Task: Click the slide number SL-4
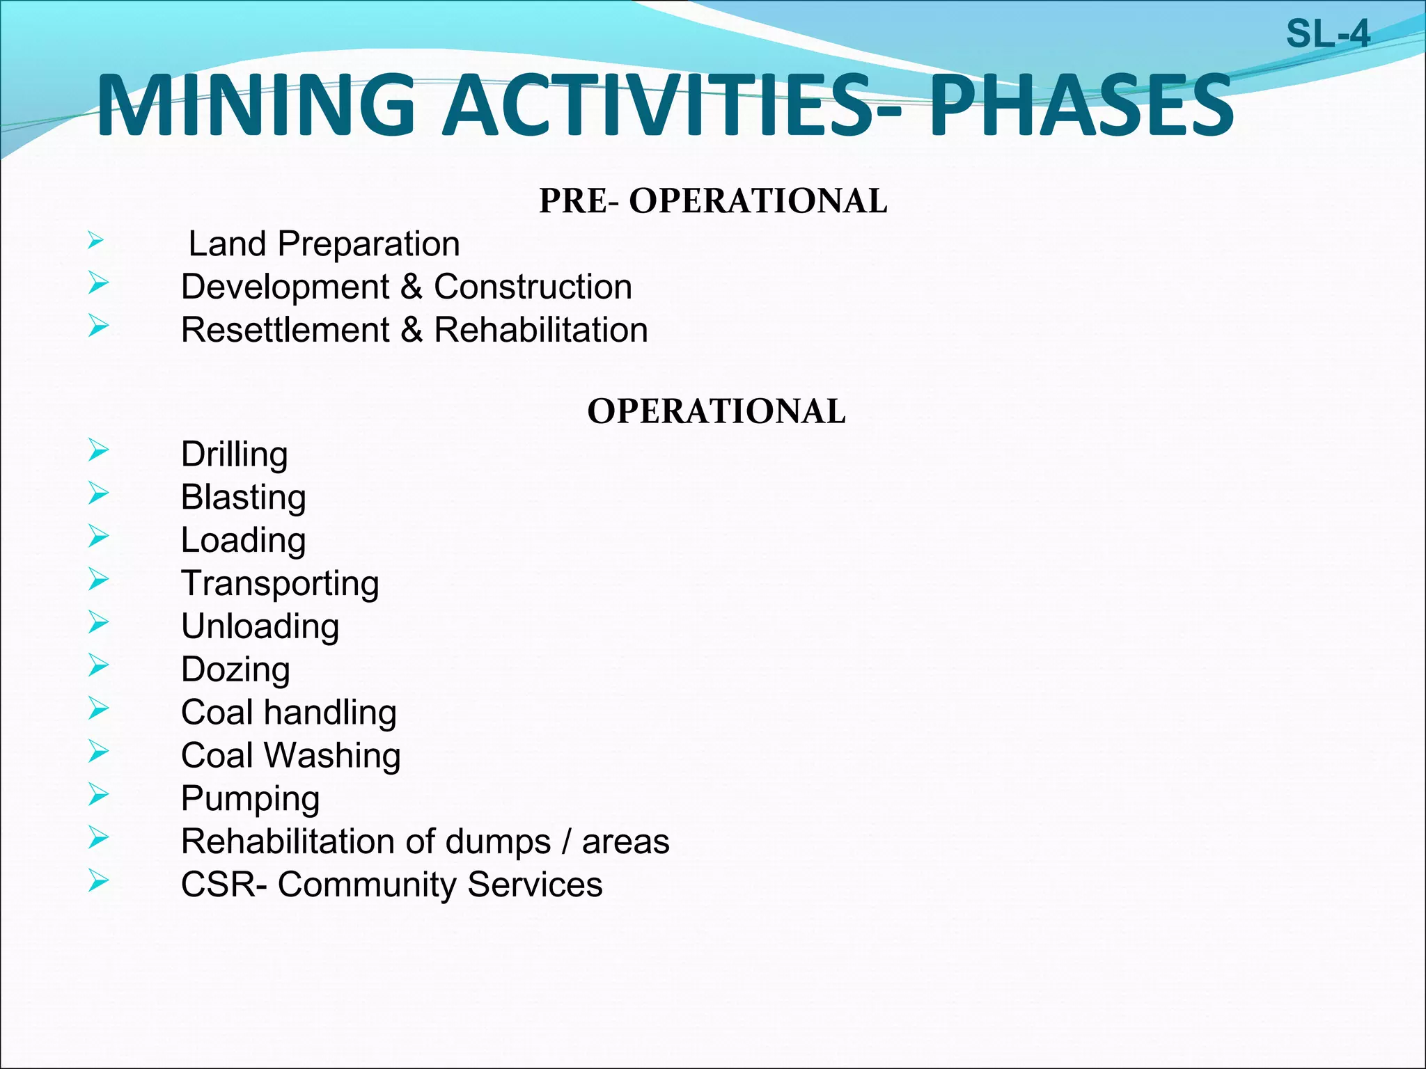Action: (x=1327, y=34)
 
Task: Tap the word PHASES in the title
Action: (x=1081, y=106)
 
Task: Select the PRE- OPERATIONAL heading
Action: (x=713, y=201)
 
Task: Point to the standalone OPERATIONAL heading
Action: (x=716, y=411)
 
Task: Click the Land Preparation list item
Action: (x=324, y=244)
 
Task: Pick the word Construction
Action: (x=533, y=287)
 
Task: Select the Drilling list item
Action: (x=234, y=455)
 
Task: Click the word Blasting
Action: (x=243, y=498)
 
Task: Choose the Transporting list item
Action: (x=280, y=584)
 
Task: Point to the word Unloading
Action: (x=260, y=626)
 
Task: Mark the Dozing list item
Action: (x=235, y=670)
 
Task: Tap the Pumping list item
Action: (x=250, y=799)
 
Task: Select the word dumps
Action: (x=498, y=842)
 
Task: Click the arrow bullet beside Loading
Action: (x=99, y=537)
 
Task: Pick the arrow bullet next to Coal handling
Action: (x=99, y=708)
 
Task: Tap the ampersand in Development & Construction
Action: (x=412, y=287)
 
